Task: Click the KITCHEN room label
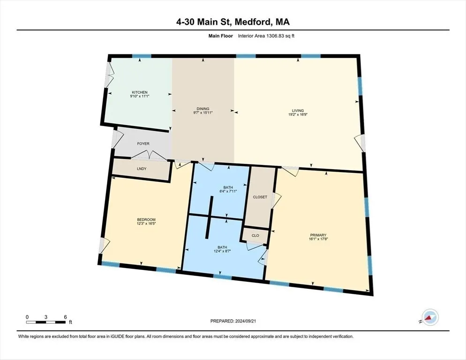pos(139,92)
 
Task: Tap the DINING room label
pos(203,109)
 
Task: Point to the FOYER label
pos(143,143)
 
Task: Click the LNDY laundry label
pos(142,169)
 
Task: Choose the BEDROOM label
pos(146,220)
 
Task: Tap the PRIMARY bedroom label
pos(318,235)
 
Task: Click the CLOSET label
pos(260,197)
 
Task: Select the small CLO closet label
pos(256,236)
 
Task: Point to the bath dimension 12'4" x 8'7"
pos(222,251)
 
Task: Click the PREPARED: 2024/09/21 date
pos(233,321)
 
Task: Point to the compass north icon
pos(429,317)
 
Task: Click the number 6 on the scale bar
pos(65,317)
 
